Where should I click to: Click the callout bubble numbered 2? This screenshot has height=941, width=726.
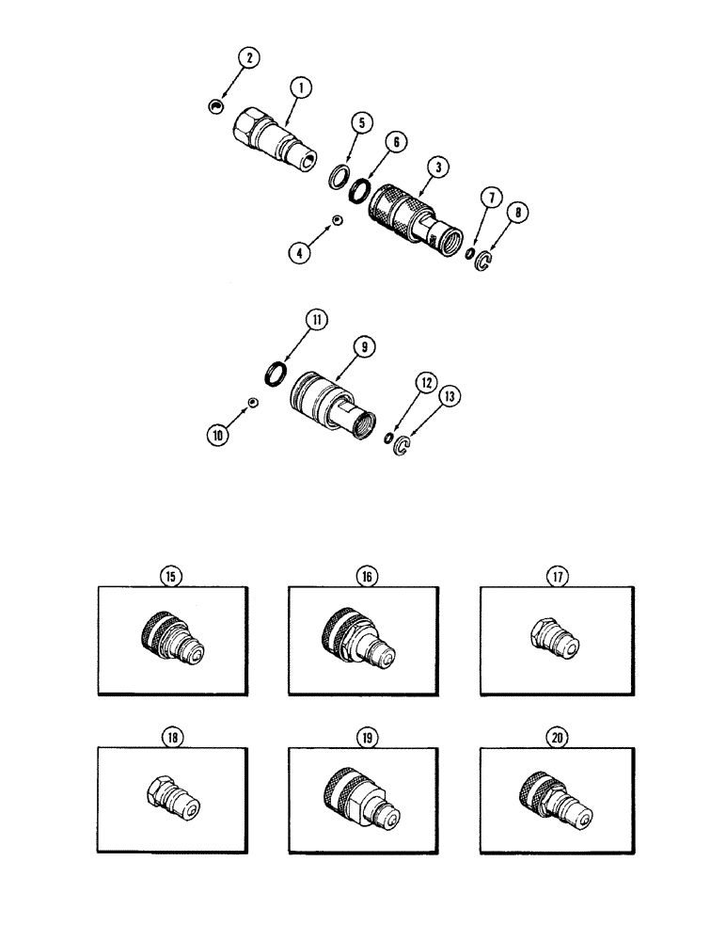tap(250, 58)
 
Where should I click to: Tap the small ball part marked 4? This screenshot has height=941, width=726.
tap(335, 220)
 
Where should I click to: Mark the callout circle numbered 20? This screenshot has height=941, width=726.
tap(558, 739)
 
